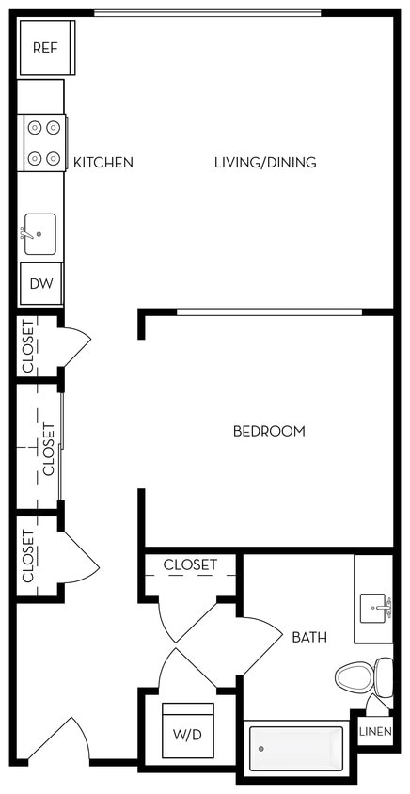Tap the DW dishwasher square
pos(39,283)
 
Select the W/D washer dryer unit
pos(187,730)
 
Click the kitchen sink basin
pos(39,233)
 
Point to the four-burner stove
pos(42,143)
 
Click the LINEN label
pos(375,731)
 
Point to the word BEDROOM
pos(269,432)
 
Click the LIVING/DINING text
pos(265,163)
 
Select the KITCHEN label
pos(103,163)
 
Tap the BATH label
pos(309,638)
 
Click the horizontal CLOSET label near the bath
pos(190,565)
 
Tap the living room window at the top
pos(207,13)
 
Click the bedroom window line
pos(268,311)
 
